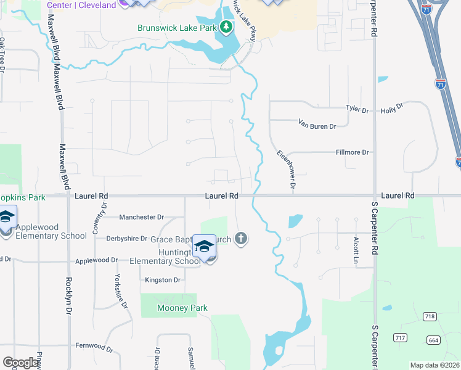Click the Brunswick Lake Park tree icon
[x=227, y=27]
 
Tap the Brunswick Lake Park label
[x=177, y=27]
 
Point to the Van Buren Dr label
[x=317, y=126]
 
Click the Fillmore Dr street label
[x=352, y=152]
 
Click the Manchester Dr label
[x=141, y=217]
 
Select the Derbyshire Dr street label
[x=128, y=239]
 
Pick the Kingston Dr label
[x=163, y=280]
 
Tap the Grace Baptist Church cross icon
[x=241, y=238]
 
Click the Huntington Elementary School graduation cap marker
[x=203, y=247]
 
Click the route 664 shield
[x=433, y=340]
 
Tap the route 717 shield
[x=401, y=337]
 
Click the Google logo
[x=20, y=363]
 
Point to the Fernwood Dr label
[x=94, y=347]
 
